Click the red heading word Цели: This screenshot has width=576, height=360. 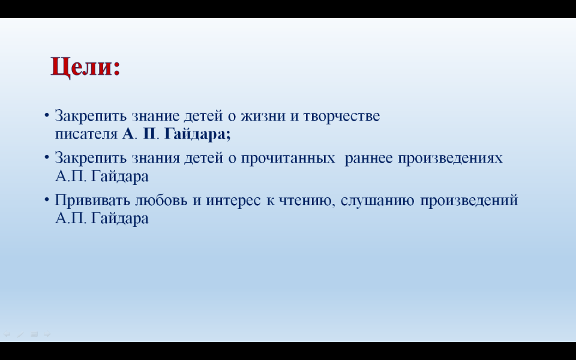(86, 67)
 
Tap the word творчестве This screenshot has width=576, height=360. (341, 116)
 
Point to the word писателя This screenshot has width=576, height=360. (86, 134)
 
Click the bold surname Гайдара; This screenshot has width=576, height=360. (197, 134)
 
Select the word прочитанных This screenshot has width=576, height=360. (287, 158)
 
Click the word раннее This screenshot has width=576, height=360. (368, 158)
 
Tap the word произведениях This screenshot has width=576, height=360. (450, 158)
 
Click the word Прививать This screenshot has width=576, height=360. (92, 200)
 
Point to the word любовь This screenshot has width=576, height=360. (161, 200)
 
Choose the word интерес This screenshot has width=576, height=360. (233, 200)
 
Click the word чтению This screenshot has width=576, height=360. (307, 201)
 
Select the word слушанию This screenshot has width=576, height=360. (377, 201)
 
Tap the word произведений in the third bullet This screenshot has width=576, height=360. (469, 200)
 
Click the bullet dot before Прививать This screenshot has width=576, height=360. (47, 199)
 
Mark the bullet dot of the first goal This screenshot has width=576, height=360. (47, 115)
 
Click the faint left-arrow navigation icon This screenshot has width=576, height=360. (7, 334)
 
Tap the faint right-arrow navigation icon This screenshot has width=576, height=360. (47, 334)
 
